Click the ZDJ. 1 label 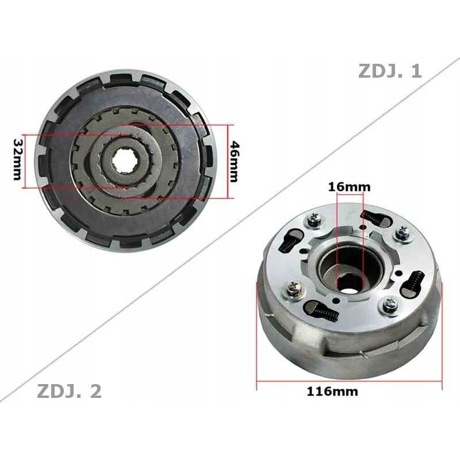tap(390, 71)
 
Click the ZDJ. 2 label tap(70, 392)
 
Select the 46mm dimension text tap(233, 162)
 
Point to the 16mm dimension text tap(349, 186)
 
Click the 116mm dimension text tap(333, 392)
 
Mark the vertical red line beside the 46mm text tap(232, 162)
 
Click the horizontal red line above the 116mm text tap(349, 381)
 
